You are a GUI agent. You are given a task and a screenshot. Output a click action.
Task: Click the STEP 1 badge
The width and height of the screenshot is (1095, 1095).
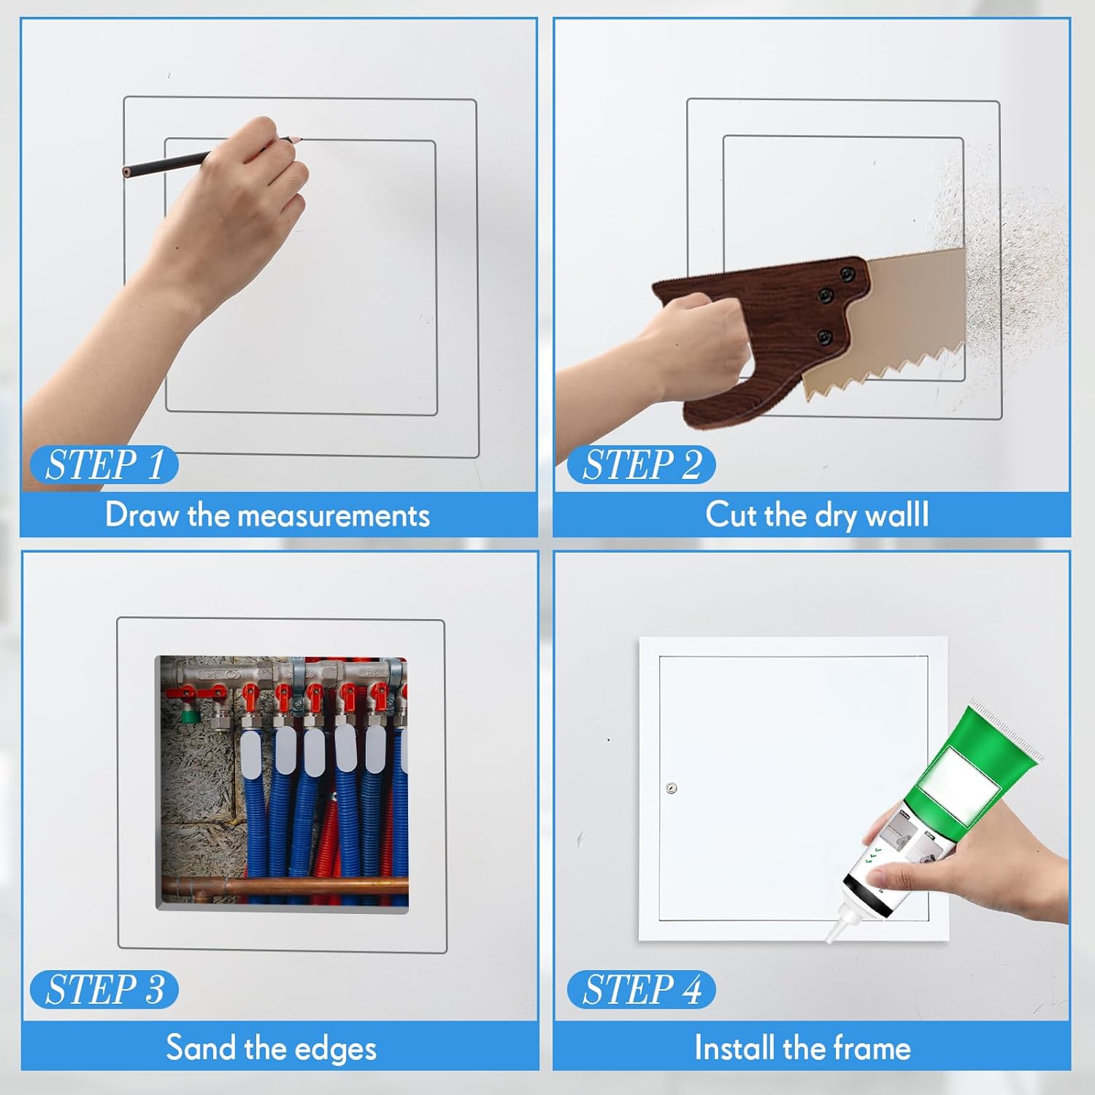[104, 465]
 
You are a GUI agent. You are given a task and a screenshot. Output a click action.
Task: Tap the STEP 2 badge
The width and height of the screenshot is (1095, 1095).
[641, 465]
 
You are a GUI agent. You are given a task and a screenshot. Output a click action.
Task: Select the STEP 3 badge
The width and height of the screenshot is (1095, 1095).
[104, 990]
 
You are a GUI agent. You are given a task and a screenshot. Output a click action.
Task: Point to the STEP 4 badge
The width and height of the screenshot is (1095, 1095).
[641, 990]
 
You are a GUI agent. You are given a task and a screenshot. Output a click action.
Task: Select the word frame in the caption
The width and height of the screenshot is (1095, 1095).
[872, 1048]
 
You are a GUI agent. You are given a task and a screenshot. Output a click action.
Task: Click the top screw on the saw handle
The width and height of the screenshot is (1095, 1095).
[847, 274]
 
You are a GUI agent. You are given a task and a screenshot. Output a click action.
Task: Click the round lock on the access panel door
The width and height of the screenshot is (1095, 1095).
[672, 788]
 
